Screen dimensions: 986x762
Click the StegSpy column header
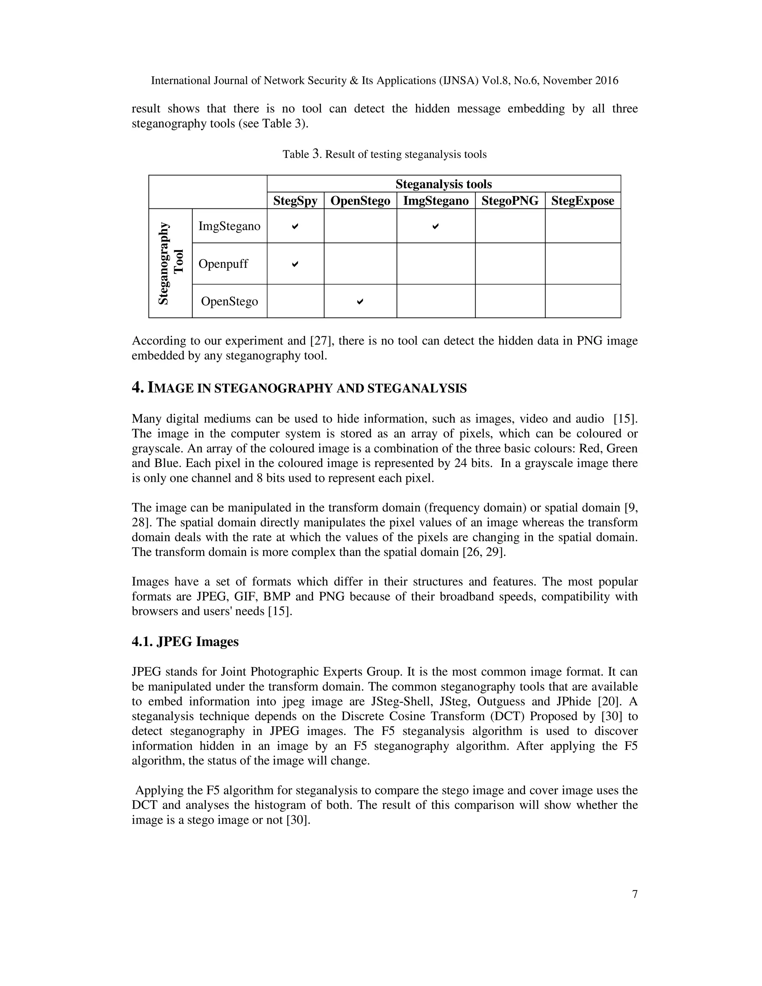tap(295, 201)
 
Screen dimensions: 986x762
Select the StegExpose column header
tap(582, 201)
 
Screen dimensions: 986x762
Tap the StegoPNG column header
tap(510, 201)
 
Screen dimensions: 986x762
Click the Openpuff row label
tap(223, 264)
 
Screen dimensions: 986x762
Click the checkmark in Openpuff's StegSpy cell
tap(295, 264)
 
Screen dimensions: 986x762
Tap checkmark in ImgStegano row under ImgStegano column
tap(435, 226)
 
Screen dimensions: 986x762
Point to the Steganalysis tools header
tap(443, 184)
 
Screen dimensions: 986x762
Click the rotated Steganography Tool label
tap(171, 263)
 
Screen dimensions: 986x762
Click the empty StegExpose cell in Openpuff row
tap(582, 264)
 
